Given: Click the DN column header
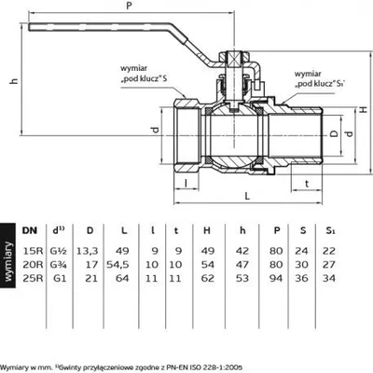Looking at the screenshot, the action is (x=30, y=230).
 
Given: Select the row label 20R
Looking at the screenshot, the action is (x=33, y=265).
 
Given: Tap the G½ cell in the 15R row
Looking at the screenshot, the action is (x=59, y=251).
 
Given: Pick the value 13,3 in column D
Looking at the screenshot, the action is (x=88, y=251).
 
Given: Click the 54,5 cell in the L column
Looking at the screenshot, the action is (x=117, y=265).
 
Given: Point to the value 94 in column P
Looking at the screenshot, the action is (x=276, y=278).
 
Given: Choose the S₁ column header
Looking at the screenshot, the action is (x=330, y=230).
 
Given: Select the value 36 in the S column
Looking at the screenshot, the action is (x=301, y=278).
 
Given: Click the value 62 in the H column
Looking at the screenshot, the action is (x=208, y=278).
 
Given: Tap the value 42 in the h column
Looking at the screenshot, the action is (x=242, y=251).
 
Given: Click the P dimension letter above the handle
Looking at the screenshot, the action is (x=130, y=7).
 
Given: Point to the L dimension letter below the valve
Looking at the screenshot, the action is (x=247, y=196).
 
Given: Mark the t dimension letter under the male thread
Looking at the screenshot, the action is (x=307, y=184).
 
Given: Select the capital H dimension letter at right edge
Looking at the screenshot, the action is (x=364, y=109).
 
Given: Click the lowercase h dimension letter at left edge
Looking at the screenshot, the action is (x=14, y=80).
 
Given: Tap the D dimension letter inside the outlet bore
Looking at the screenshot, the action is (x=334, y=133).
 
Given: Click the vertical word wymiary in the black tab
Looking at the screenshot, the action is (x=8, y=261).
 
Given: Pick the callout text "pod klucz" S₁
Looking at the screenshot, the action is (x=321, y=84).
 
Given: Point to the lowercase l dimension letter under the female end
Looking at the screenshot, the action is (x=186, y=184).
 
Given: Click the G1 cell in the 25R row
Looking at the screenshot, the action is (x=60, y=278).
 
